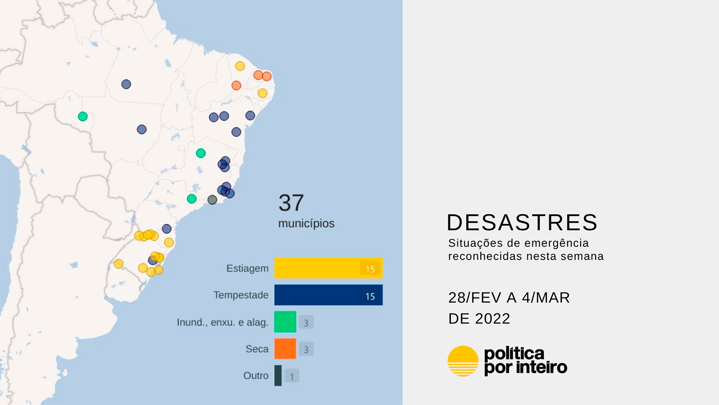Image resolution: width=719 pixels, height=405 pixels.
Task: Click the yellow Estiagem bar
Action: [329, 268]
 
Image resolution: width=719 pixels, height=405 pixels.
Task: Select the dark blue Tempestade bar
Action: [329, 295]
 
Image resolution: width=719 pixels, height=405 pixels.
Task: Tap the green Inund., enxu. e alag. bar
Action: [285, 322]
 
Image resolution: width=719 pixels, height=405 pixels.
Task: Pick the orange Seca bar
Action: [285, 349]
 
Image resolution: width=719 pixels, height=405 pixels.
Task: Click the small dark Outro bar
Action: [278, 375]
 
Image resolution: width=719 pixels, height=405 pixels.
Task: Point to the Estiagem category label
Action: [248, 268]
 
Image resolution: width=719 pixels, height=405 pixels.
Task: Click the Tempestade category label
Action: [241, 295]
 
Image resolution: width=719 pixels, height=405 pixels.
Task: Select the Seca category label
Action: [257, 349]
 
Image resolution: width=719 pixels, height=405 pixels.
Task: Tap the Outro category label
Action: [256, 375]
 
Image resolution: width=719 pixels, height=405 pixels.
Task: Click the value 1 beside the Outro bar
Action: [292, 376]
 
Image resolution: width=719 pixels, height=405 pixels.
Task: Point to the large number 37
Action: [291, 202]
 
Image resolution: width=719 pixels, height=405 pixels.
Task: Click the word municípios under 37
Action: [306, 223]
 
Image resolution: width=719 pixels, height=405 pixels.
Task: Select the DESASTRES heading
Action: [522, 222]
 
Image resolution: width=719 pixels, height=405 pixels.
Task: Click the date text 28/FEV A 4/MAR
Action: [509, 297]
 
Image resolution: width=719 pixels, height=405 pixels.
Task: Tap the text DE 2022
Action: [479, 318]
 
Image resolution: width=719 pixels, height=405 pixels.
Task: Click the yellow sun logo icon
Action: [463, 361]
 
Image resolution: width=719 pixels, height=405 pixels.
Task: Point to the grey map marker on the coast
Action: [212, 199]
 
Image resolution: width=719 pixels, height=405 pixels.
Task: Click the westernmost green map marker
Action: [83, 116]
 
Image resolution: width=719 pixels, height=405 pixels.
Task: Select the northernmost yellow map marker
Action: [240, 66]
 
